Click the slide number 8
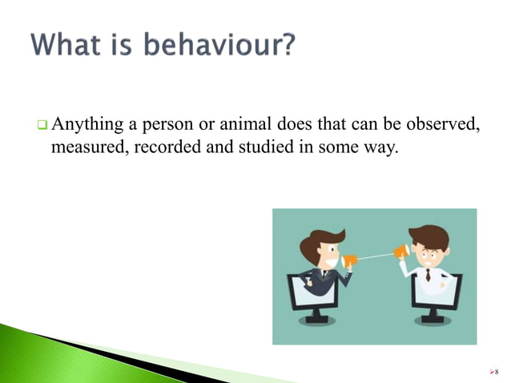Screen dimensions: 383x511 [x=497, y=372]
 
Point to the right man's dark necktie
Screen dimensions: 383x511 [x=428, y=275]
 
